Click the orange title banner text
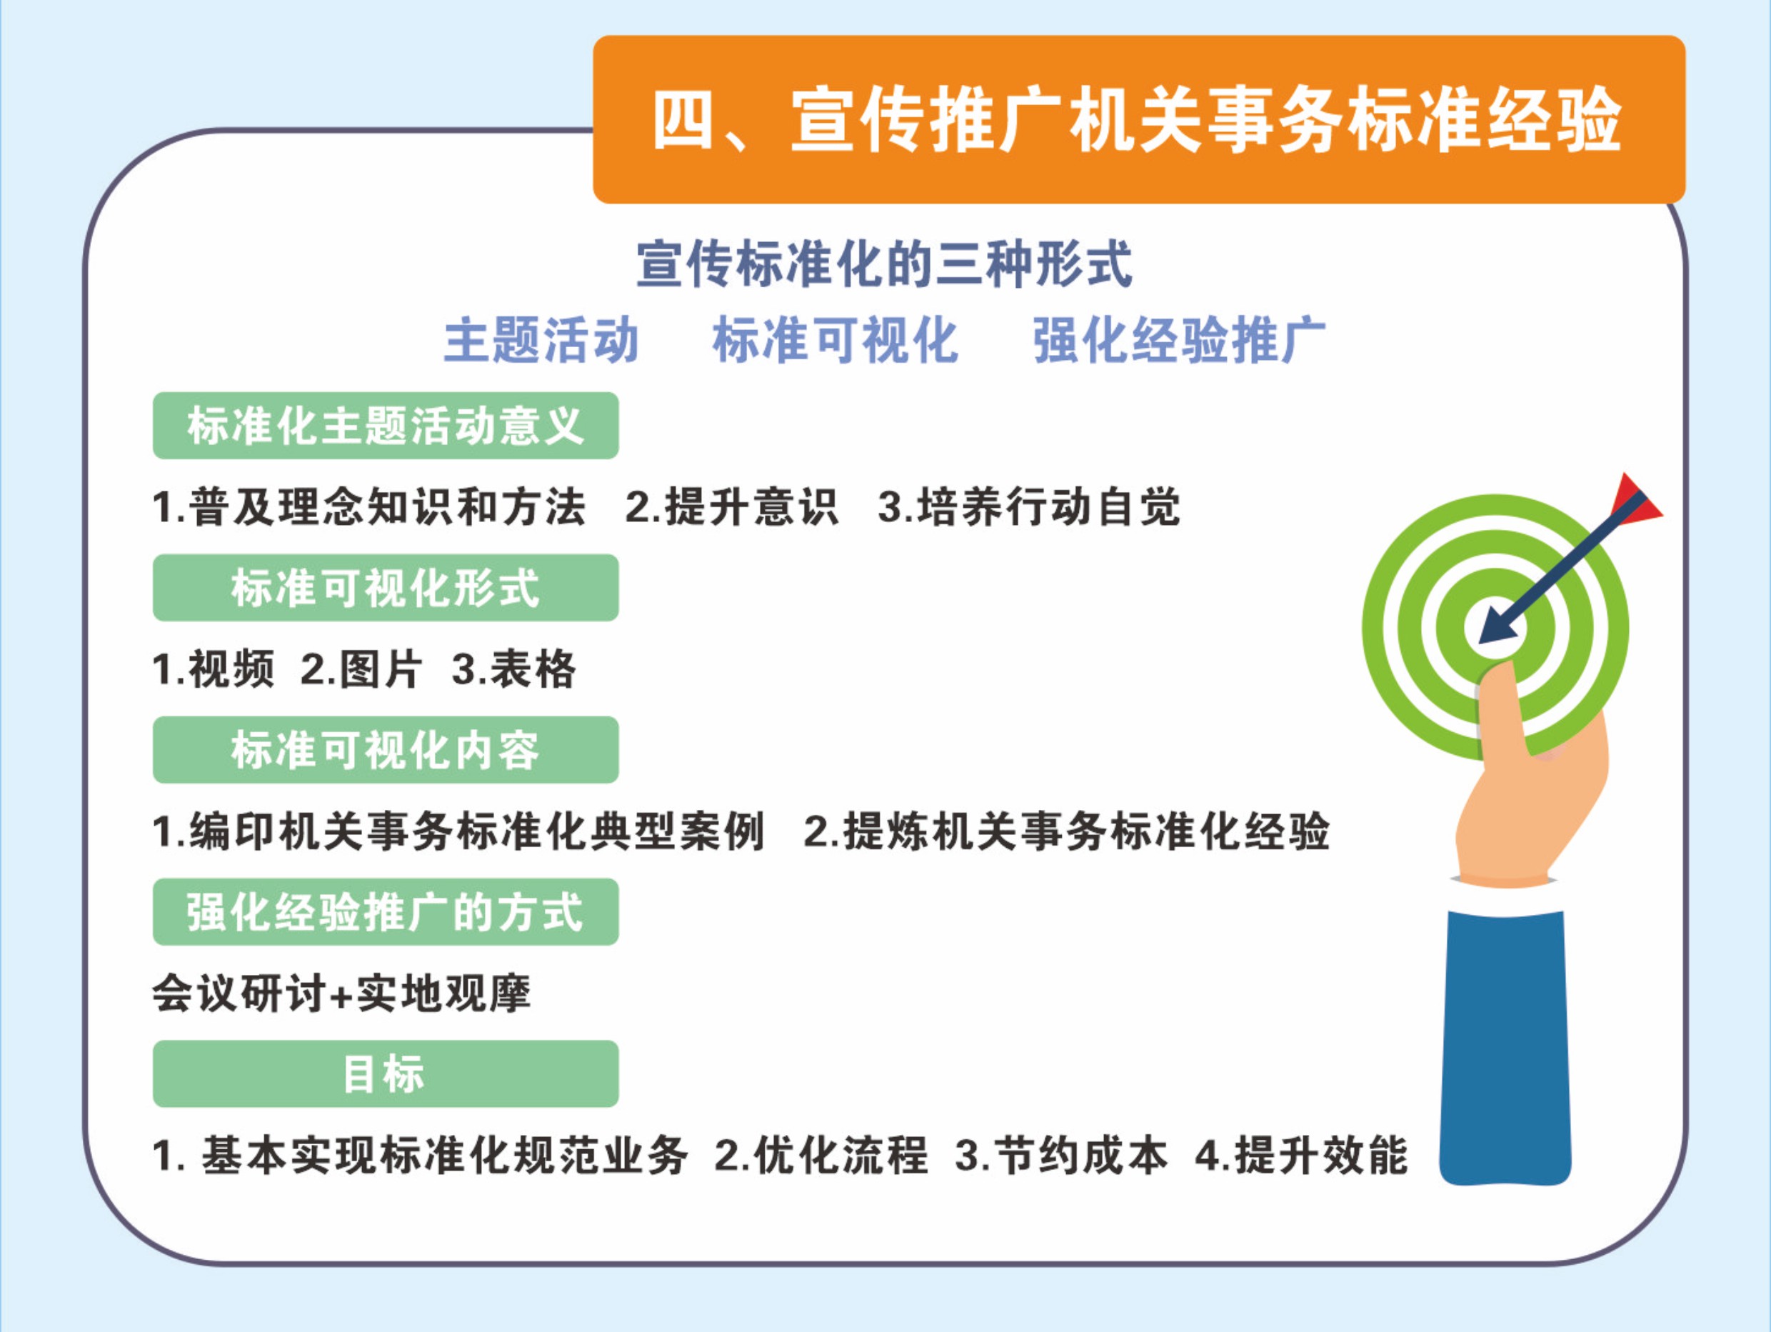[x=1137, y=120]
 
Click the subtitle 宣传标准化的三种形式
[x=885, y=264]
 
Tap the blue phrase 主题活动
[x=541, y=341]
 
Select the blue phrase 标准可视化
[x=835, y=341]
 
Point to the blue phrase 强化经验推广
[x=1178, y=341]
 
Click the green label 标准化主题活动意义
[x=385, y=425]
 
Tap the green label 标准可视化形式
[x=385, y=588]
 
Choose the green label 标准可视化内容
[x=385, y=750]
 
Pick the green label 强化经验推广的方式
[x=385, y=912]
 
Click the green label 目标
[x=385, y=1074]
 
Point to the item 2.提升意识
[x=732, y=507]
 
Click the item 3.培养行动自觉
[x=1029, y=507]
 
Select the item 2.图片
[x=361, y=668]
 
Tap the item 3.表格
[x=513, y=668]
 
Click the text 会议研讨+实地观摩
[x=341, y=993]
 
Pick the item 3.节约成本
[x=1061, y=1156]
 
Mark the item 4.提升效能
[x=1301, y=1156]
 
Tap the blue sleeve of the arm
[x=1505, y=1046]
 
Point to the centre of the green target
[x=1495, y=626]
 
